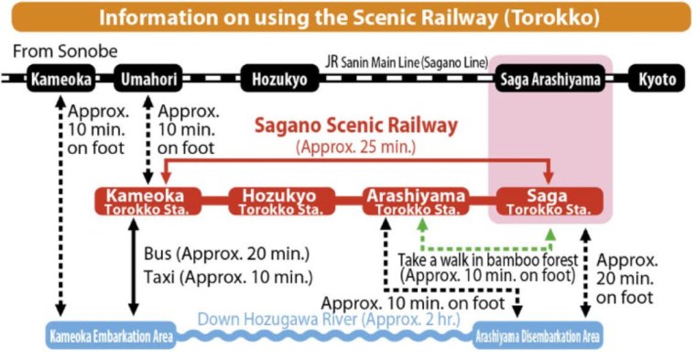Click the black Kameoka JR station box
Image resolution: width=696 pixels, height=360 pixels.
pyautogui.click(x=60, y=80)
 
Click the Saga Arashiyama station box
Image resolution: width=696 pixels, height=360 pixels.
pyautogui.click(x=550, y=80)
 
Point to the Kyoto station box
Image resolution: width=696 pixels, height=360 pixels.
pyautogui.click(x=657, y=80)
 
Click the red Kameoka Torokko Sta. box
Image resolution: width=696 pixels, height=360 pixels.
pyautogui.click(x=146, y=201)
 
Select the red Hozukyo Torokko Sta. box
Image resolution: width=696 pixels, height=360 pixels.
pyautogui.click(x=278, y=201)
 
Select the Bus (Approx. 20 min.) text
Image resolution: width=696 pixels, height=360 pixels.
pyautogui.click(x=227, y=253)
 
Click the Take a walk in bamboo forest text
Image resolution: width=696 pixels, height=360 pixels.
pyautogui.click(x=488, y=259)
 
